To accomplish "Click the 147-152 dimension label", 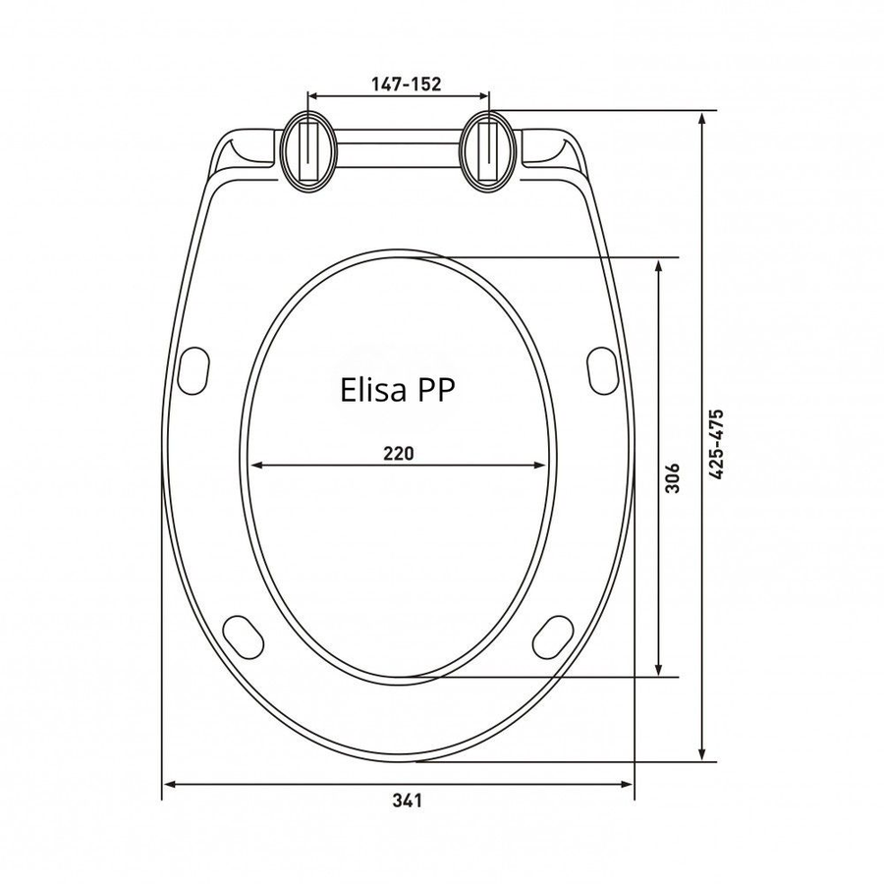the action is click(x=406, y=84).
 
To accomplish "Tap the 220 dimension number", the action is click(x=399, y=453).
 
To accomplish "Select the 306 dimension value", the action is click(x=673, y=478).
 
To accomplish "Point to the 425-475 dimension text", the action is click(x=716, y=444).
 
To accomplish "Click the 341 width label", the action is click(x=407, y=800).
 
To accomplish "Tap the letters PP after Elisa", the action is click(x=435, y=390).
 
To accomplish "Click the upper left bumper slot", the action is click(x=193, y=371).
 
